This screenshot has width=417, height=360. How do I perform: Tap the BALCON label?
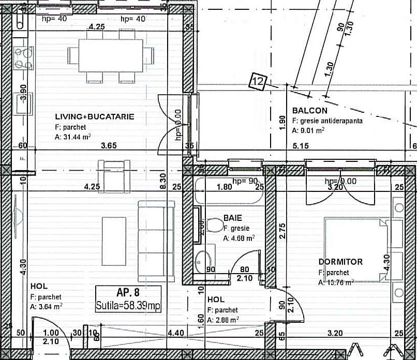pyautogui.click(x=309, y=111)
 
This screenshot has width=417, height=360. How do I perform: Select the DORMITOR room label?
pyautogui.click(x=340, y=262)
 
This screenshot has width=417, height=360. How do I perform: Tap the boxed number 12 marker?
pyautogui.click(x=258, y=81)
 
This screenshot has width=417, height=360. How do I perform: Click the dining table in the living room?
pyautogui.click(x=111, y=56)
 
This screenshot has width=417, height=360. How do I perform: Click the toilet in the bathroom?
pyautogui.click(x=214, y=226)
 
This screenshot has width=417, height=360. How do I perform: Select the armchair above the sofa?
pyautogui.click(x=114, y=174)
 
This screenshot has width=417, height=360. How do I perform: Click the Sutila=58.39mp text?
pyautogui.click(x=128, y=306)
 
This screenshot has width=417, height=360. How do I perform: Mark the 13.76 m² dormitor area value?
pyautogui.click(x=336, y=282)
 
